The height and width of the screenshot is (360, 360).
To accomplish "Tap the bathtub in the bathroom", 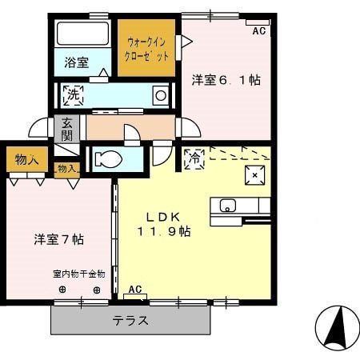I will (82, 34).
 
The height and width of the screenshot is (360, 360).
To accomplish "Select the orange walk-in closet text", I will (147, 50).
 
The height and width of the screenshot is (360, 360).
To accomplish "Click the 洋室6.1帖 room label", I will (226, 80).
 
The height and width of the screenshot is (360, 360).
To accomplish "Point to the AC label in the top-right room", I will (258, 31).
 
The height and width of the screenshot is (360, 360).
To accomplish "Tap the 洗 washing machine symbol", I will (73, 95).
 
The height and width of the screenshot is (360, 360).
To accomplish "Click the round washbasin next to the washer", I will (160, 95).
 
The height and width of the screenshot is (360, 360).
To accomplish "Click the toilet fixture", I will (107, 159).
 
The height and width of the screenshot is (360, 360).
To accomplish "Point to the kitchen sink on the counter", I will (226, 206).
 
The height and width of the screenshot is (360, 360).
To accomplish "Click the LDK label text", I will (167, 216).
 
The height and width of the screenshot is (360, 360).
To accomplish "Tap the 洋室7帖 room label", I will (59, 238).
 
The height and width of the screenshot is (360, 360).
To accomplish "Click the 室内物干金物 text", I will (79, 274).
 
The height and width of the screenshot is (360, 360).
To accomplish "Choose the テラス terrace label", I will (130, 320).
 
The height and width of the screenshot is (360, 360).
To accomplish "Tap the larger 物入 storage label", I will (26, 160).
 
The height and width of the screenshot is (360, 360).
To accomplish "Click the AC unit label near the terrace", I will (135, 290).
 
